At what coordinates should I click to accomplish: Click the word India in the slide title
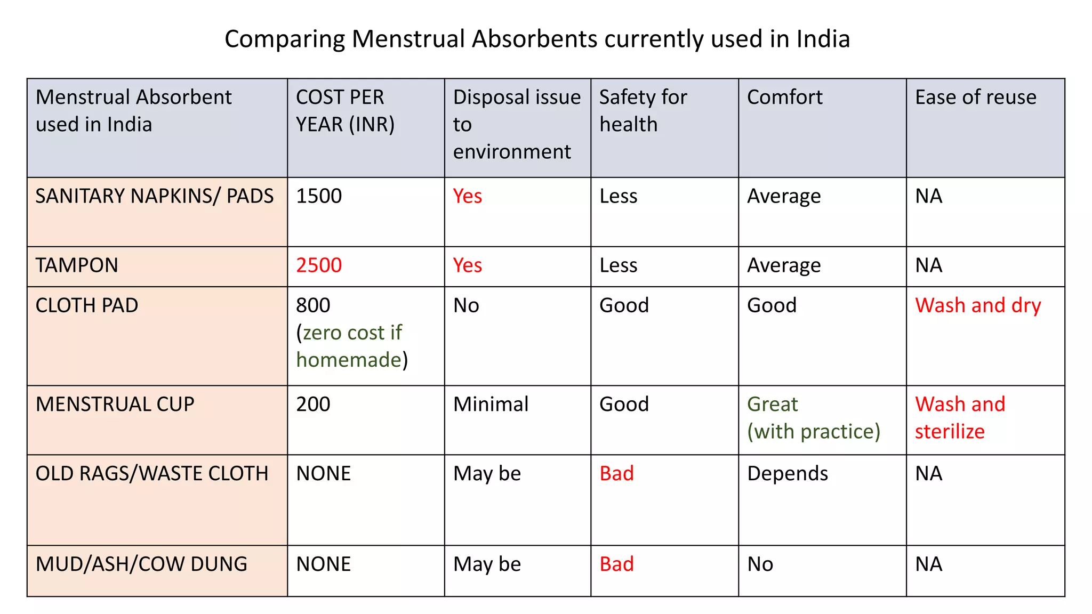pos(823,39)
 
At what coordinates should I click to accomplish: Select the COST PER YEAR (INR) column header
pos(345,111)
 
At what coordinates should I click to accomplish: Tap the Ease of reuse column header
pos(975,98)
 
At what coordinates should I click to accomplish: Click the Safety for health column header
pos(643,111)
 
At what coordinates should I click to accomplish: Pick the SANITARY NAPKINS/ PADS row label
pos(154,196)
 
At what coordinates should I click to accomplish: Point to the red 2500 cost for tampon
pos(319,265)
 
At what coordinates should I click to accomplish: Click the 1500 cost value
pos(319,196)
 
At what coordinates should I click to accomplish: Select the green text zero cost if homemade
pos(350,346)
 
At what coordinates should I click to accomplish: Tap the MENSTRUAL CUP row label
pos(115,404)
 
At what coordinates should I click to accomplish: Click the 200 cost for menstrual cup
pos(313,404)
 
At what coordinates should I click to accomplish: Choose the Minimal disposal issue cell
pos(491,404)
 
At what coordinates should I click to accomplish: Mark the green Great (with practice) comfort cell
pos(813,418)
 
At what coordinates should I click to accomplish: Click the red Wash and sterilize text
pos(960,418)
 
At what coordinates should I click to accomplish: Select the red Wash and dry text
pos(977,305)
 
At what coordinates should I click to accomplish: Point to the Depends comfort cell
pos(787,473)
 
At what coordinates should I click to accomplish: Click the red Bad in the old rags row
pos(616,473)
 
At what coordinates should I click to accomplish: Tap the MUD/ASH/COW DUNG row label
pos(141,564)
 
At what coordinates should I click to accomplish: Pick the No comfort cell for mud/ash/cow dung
pos(760,564)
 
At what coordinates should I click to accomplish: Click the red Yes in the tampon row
pos(467,265)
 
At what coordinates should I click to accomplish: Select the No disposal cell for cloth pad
pos(466,305)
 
